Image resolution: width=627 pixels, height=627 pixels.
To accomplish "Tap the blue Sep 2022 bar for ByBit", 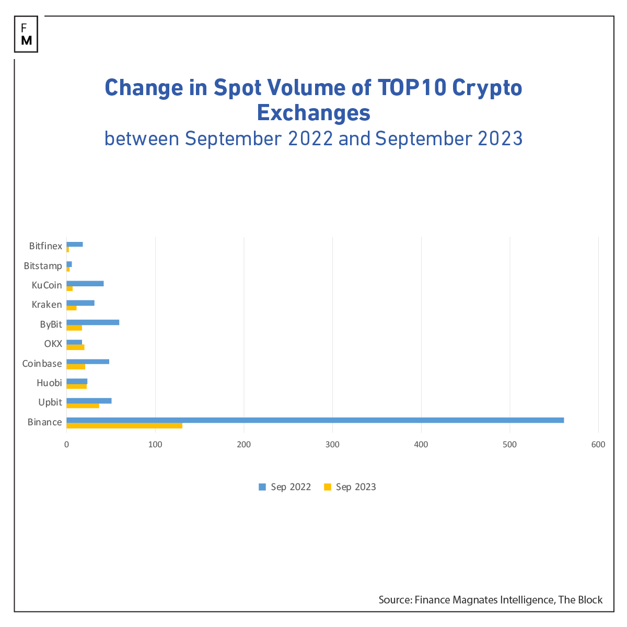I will [x=93, y=322].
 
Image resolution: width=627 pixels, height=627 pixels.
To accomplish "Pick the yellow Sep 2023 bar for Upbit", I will [x=83, y=405].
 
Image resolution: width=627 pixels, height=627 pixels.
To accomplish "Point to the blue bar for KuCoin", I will [x=85, y=283].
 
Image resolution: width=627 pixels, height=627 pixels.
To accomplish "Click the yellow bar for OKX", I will [x=75, y=347].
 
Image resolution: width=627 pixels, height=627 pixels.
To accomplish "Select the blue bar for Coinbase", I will [x=88, y=362].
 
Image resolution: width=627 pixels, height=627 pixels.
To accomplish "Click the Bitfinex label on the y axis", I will [x=45, y=246].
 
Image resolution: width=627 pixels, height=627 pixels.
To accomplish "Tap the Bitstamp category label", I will [x=43, y=266].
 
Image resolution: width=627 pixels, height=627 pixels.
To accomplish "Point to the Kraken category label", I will [x=47, y=305].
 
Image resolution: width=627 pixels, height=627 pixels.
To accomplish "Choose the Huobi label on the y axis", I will [x=49, y=383].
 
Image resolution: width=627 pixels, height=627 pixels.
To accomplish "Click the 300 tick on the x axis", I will [x=332, y=445].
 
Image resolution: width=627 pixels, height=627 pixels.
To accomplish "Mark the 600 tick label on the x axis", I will [x=598, y=445].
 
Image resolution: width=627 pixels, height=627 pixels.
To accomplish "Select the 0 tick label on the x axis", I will [x=66, y=445].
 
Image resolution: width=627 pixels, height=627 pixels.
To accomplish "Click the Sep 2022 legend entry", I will [x=285, y=487].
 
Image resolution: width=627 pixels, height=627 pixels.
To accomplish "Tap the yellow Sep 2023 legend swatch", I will [x=328, y=487].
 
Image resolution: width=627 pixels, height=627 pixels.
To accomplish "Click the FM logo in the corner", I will [x=26, y=34].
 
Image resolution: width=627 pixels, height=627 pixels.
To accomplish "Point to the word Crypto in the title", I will [x=487, y=88].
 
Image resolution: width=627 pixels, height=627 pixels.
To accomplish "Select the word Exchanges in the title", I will [x=313, y=113].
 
